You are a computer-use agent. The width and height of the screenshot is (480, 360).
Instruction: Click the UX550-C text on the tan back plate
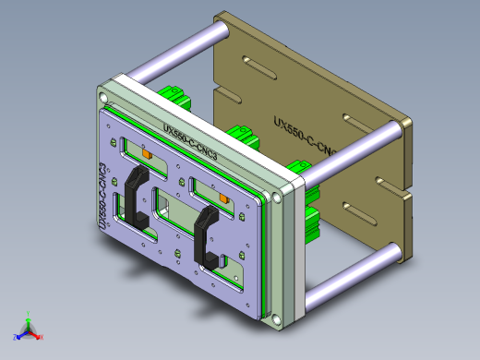(305, 134)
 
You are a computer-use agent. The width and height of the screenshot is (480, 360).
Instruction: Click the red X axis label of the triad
(41, 338)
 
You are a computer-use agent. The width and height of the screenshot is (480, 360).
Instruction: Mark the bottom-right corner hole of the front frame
(274, 320)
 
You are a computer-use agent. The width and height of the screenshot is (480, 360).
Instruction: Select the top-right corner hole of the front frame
(278, 197)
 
